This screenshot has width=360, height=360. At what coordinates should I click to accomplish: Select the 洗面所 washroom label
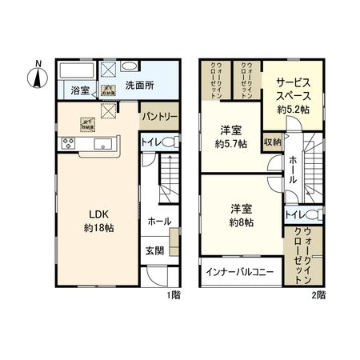139,84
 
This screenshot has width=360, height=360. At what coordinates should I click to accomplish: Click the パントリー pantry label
159,117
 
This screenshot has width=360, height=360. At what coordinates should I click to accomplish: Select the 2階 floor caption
318,294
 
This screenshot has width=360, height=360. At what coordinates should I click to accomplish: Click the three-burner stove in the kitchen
67,144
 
